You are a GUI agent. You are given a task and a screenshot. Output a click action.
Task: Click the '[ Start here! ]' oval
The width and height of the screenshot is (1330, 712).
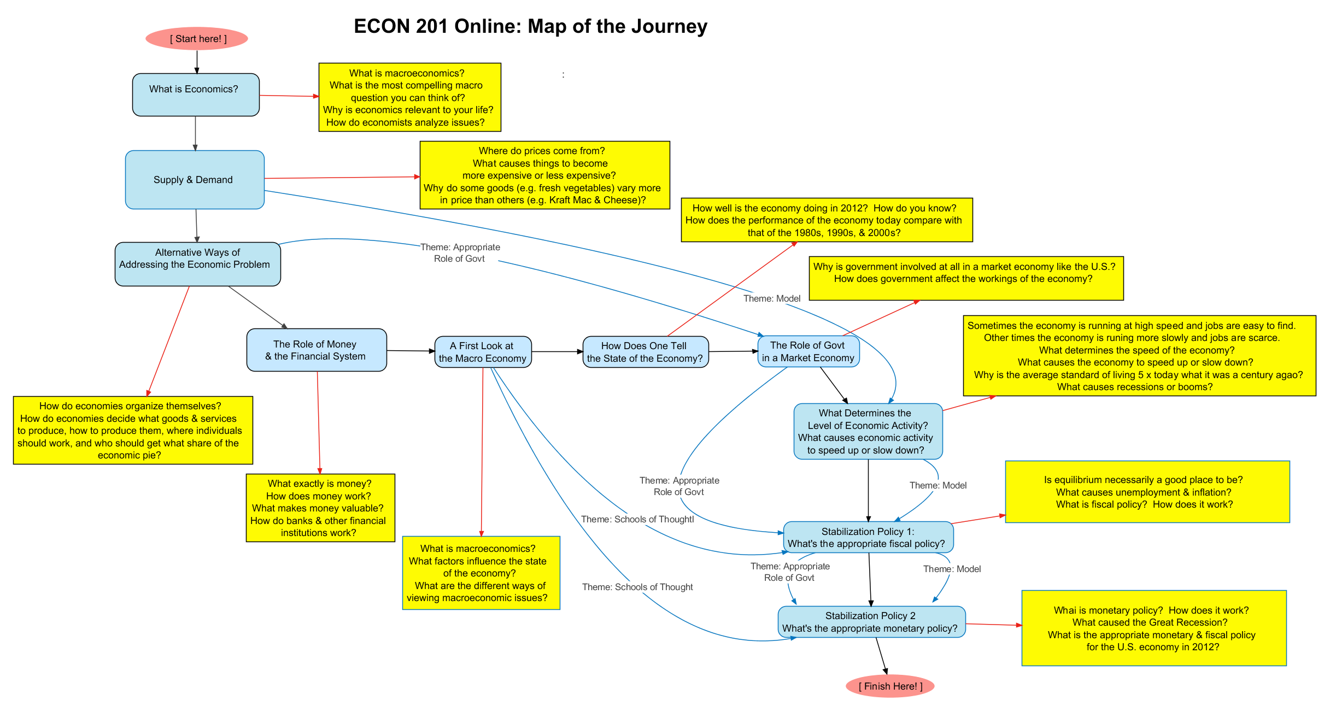coord(197,38)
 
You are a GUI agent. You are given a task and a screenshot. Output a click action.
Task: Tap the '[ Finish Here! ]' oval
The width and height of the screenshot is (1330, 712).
coord(890,686)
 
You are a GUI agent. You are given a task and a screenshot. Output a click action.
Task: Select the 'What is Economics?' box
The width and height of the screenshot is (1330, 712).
coord(196,95)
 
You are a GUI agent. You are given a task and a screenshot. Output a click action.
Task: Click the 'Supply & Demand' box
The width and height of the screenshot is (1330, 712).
coord(195,180)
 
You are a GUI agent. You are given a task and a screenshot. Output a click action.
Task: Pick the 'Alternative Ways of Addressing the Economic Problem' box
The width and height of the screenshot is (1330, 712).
coord(197,264)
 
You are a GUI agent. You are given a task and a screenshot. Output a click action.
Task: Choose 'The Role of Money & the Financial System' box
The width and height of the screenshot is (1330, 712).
coord(317,350)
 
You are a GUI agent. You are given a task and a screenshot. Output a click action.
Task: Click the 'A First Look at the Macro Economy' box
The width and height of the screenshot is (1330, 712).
coord(483,352)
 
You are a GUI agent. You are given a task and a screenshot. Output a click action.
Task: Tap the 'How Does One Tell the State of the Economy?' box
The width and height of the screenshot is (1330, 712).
coord(646,352)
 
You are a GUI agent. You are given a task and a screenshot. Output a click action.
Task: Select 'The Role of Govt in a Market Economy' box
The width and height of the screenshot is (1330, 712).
coord(808,351)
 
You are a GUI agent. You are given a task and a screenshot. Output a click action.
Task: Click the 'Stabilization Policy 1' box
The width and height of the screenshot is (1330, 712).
coord(868,537)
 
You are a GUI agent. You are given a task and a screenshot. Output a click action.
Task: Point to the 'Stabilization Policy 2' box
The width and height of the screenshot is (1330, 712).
coord(871,622)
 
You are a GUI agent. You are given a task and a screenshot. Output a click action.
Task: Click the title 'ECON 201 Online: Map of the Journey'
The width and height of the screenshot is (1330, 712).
coord(530,26)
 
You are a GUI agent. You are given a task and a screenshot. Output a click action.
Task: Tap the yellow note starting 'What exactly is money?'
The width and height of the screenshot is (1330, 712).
coord(320,508)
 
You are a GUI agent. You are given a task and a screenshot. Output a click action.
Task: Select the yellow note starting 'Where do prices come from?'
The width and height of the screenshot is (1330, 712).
coord(544,175)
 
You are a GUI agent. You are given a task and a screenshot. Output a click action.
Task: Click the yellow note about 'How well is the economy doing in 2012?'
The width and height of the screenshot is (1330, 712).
coord(827,220)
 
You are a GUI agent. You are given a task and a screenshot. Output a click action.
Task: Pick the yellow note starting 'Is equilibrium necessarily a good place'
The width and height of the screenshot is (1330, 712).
coord(1147,492)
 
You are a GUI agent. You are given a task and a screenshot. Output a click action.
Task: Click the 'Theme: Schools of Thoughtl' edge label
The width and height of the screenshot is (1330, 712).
coord(637,519)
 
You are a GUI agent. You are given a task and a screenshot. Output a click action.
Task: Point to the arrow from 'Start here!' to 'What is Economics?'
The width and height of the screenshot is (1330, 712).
coord(197,62)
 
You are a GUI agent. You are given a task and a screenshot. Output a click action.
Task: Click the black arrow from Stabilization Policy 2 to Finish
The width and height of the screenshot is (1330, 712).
coord(882,656)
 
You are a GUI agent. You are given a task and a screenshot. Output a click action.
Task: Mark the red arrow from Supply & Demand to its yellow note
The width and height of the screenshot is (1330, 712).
coord(342,178)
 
